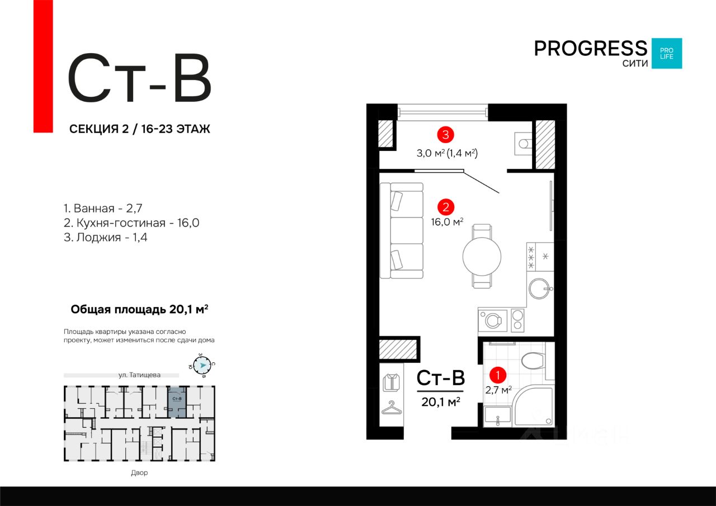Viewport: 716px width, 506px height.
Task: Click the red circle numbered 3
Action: pyautogui.click(x=445, y=134)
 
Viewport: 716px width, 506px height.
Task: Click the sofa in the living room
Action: pyautogui.click(x=402, y=230)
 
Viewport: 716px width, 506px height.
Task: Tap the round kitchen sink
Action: pyautogui.click(x=540, y=289)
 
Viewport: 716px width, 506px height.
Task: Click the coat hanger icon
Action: pyautogui.click(x=392, y=408)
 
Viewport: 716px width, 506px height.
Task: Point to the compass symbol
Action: pyautogui.click(x=202, y=365)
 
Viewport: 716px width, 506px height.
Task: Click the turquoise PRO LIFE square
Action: pyautogui.click(x=666, y=54)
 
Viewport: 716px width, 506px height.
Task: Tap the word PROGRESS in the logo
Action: pyautogui.click(x=590, y=48)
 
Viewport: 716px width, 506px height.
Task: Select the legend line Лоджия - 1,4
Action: pyautogui.click(x=106, y=238)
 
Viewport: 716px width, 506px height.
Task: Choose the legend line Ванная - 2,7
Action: pyautogui.click(x=103, y=209)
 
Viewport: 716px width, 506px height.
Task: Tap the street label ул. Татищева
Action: pyautogui.click(x=140, y=375)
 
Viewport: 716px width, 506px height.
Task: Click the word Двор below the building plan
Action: pyautogui.click(x=139, y=473)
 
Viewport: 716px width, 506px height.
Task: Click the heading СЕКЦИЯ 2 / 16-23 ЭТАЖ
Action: pyautogui.click(x=139, y=129)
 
